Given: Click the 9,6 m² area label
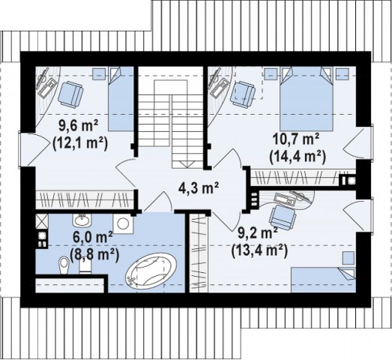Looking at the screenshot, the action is click(78, 125).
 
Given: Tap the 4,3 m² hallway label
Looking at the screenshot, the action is click(199, 187).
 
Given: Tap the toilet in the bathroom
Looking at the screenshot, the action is click(64, 265).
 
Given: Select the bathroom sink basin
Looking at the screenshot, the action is click(82, 220).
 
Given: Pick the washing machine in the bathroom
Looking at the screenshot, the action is click(123, 223).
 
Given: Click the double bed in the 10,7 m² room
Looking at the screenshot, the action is click(307, 98).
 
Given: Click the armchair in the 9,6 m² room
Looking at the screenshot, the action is click(70, 94).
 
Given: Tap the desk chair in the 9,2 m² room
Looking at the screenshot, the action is click(283, 217).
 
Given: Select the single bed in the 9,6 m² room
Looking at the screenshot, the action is click(121, 98).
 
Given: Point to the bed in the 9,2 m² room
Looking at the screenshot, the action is click(324, 280).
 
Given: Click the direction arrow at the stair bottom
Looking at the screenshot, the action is click(186, 163).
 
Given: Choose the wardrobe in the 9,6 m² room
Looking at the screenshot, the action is click(84, 199).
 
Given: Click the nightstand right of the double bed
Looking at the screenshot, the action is click(342, 73).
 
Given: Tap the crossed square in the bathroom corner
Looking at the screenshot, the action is click(41, 221).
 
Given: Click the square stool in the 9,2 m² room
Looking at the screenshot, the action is click(348, 258).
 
